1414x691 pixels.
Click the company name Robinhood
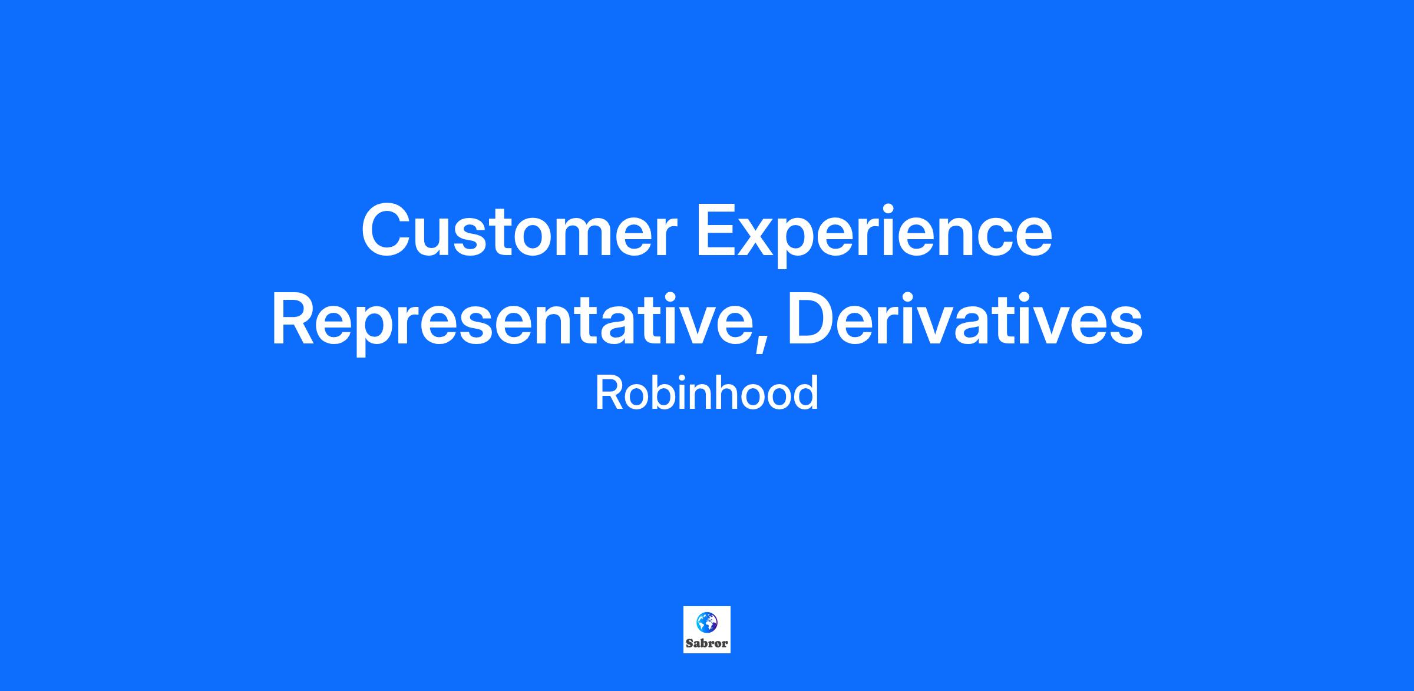tap(707, 393)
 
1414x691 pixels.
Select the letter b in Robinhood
tap(665, 393)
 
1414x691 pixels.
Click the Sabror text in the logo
tap(707, 644)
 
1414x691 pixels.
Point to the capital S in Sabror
tap(690, 644)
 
